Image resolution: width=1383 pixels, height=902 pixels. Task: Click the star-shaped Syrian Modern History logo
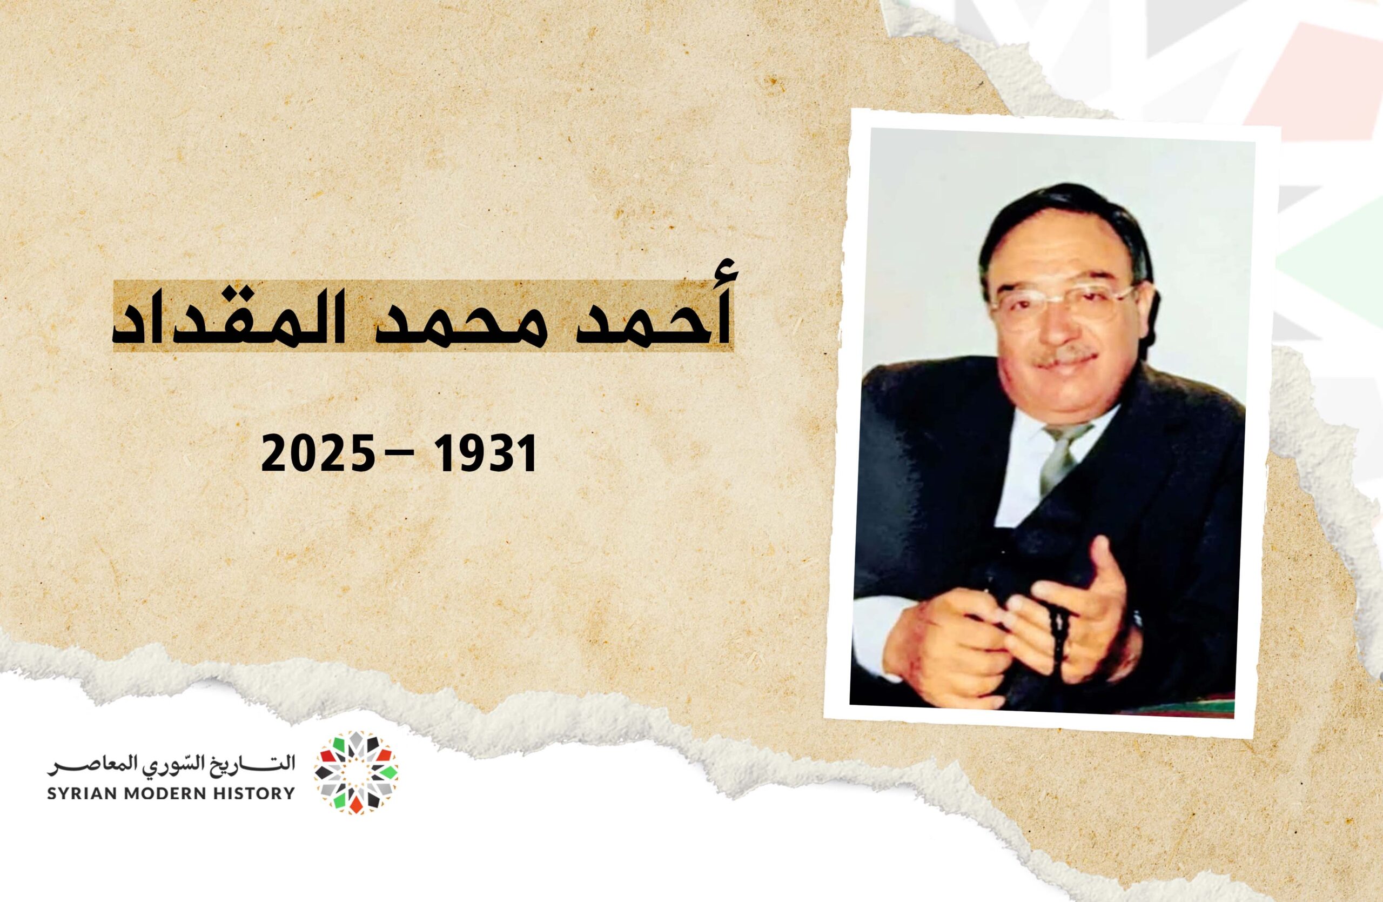(x=356, y=773)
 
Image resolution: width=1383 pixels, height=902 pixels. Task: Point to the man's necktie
(x=1063, y=459)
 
